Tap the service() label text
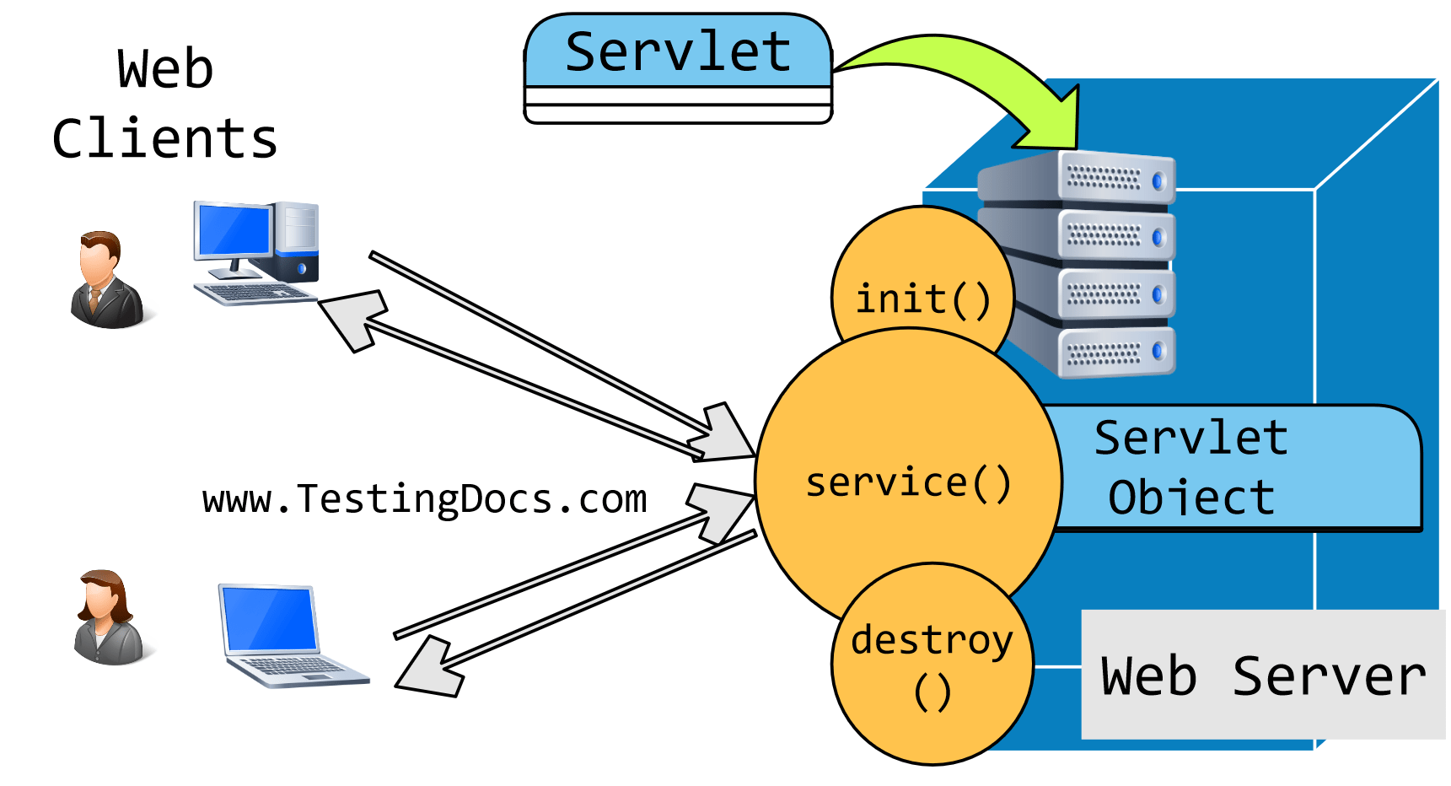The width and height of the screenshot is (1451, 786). [908, 483]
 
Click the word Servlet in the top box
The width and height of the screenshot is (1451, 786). [678, 52]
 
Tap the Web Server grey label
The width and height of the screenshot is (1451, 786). [1262, 675]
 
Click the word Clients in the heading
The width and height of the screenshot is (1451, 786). [164, 139]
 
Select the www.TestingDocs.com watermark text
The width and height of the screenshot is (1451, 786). [424, 499]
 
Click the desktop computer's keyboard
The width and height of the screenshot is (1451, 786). [253, 293]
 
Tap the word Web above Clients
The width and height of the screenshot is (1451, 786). [165, 69]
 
